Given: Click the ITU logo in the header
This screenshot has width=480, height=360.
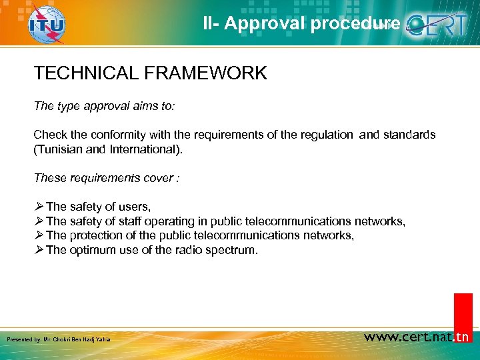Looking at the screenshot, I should click(x=46, y=25).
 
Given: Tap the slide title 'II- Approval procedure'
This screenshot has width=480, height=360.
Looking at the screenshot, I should click(x=302, y=23).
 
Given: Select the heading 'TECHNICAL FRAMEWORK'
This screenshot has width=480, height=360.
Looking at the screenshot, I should click(x=150, y=73).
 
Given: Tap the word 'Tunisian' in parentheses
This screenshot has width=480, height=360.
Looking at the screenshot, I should click(x=61, y=149).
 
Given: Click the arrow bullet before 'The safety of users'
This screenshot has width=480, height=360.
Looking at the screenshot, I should click(x=39, y=207).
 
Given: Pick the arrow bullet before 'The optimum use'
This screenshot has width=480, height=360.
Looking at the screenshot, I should click(x=39, y=250).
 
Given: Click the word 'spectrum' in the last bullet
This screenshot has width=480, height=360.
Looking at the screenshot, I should click(x=233, y=250).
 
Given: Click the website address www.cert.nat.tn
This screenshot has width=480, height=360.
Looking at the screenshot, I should click(x=417, y=337).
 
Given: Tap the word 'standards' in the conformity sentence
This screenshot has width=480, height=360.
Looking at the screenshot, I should click(x=409, y=135).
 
